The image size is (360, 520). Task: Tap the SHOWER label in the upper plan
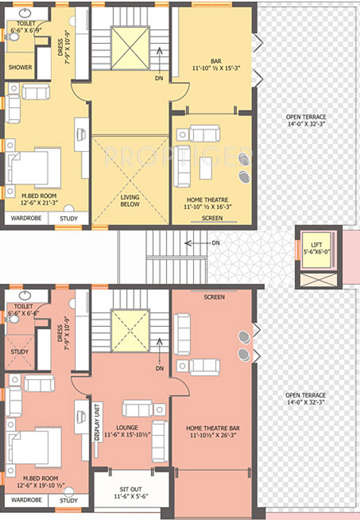coord(20,67)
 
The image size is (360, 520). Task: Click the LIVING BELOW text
coord(130,200)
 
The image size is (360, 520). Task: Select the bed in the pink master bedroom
coord(33,449)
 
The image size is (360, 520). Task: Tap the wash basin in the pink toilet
coord(25,295)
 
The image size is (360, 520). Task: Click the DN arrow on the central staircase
coord(198,243)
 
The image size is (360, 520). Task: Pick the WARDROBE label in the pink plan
coord(27,500)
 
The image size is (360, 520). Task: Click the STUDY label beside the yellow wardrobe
coord(68,219)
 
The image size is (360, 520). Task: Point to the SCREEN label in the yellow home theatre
coord(212,218)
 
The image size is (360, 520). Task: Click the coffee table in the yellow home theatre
coord(205,168)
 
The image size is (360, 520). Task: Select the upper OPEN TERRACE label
coord(306,120)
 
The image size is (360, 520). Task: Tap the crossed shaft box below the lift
coord(318,280)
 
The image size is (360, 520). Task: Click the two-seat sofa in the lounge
coord(137,408)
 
